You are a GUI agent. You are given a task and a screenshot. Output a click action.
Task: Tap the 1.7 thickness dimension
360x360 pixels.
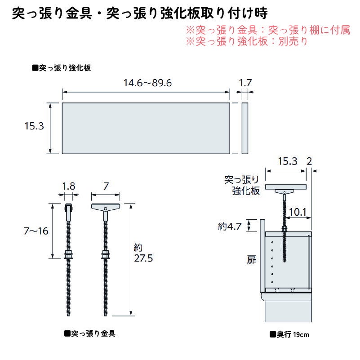(x=245, y=83)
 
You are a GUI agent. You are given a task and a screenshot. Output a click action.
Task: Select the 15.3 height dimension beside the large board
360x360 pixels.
(x=34, y=127)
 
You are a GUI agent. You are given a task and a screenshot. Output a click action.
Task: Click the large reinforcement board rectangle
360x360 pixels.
(x=146, y=128)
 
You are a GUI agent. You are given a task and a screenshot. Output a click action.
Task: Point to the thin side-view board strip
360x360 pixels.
(x=245, y=128)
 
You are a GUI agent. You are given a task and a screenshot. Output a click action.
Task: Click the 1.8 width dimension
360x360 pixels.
(x=69, y=185)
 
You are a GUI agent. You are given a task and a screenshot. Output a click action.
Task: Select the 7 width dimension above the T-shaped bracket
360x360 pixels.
(x=106, y=185)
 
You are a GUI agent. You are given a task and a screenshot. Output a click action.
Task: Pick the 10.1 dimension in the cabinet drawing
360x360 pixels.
(x=298, y=211)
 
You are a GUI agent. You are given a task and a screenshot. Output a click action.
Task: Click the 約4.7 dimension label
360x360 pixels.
(x=230, y=226)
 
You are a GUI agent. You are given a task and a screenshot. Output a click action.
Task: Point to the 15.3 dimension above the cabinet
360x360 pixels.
(x=287, y=161)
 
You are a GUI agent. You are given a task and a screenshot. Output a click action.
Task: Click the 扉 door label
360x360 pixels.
(x=252, y=259)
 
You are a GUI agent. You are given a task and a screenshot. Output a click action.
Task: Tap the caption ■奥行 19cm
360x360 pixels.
(x=289, y=334)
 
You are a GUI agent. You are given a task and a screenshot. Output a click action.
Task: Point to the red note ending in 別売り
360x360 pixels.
(x=247, y=41)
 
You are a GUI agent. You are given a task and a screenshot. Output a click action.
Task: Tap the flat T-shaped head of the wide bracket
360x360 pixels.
(x=106, y=207)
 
